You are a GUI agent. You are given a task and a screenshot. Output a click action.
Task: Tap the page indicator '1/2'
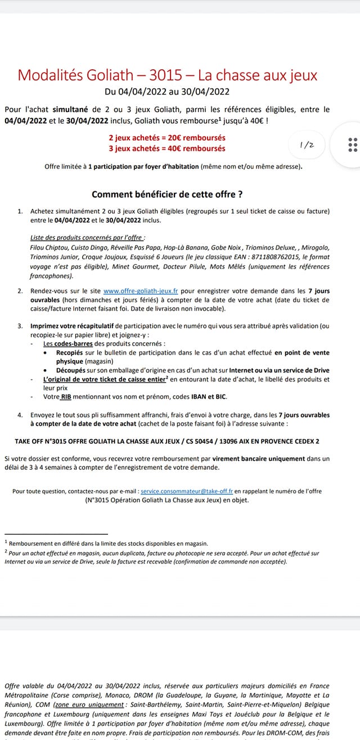click(307, 145)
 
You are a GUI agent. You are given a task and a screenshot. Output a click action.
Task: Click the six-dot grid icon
click(353, 145)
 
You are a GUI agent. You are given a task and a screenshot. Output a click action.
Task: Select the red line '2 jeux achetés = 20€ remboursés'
click(167, 138)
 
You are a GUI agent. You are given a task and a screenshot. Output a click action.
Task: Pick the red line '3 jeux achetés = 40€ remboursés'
click(167, 149)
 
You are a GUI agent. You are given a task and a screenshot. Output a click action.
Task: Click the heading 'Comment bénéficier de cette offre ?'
click(167, 194)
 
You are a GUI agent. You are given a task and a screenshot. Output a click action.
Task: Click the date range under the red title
click(167, 91)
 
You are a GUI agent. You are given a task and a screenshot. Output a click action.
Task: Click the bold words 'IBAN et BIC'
click(214, 397)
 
